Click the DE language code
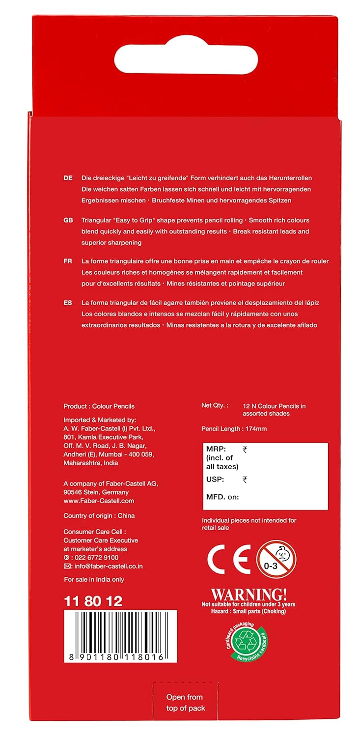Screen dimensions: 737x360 [68, 178]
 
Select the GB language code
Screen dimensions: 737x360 [68, 220]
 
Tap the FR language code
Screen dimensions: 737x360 [68, 261]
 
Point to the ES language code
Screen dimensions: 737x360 [68, 303]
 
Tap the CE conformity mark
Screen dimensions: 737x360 [228, 559]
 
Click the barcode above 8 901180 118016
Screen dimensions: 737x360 [120, 629]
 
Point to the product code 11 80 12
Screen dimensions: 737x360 [93, 601]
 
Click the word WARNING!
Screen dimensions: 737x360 [249, 593]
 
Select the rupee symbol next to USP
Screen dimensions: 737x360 [245, 480]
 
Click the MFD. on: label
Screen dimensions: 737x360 [222, 497]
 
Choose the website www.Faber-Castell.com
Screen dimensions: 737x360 [99, 501]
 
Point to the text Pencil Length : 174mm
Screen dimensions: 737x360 [234, 429]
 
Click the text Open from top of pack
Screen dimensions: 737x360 [185, 702]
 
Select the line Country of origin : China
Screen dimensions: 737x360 [99, 515]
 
